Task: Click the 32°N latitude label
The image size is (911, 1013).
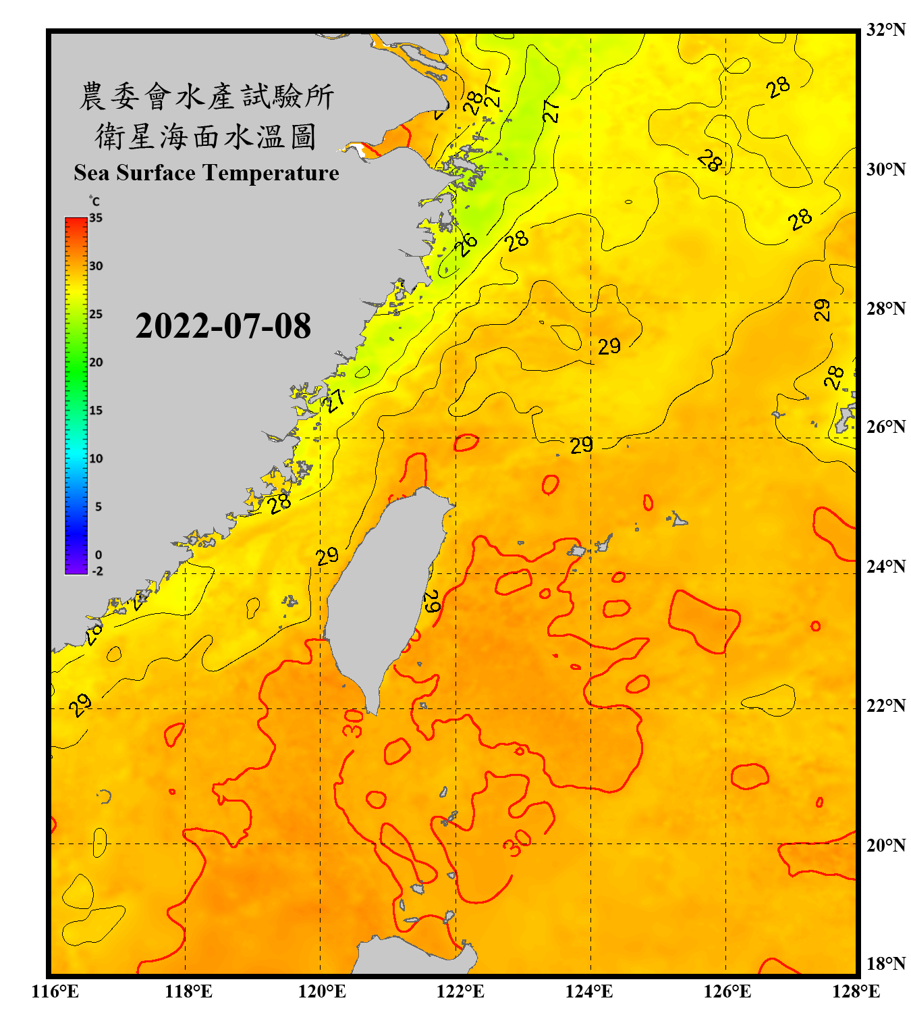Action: click(885, 30)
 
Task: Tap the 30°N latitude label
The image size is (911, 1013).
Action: click(885, 169)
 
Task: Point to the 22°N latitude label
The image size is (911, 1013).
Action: click(885, 706)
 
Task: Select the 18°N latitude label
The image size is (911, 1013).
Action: click(885, 963)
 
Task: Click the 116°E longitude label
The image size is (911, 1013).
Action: click(55, 991)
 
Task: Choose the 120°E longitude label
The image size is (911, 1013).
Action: click(322, 991)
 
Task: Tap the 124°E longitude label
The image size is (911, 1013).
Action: click(589, 991)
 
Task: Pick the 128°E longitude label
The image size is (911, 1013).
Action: click(856, 991)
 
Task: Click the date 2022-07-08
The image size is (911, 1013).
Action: click(223, 326)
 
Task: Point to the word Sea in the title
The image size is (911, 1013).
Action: click(92, 173)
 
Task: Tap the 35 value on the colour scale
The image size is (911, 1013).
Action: click(96, 218)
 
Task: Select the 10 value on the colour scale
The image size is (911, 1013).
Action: click(96, 459)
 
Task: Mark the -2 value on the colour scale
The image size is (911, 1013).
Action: click(97, 571)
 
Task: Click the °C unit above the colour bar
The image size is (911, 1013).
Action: click(94, 201)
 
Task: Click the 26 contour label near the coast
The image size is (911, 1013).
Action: click(466, 244)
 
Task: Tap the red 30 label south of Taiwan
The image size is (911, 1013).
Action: click(353, 723)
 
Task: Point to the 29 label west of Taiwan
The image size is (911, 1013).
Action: click(327, 556)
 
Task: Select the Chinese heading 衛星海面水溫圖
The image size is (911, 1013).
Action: click(206, 137)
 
